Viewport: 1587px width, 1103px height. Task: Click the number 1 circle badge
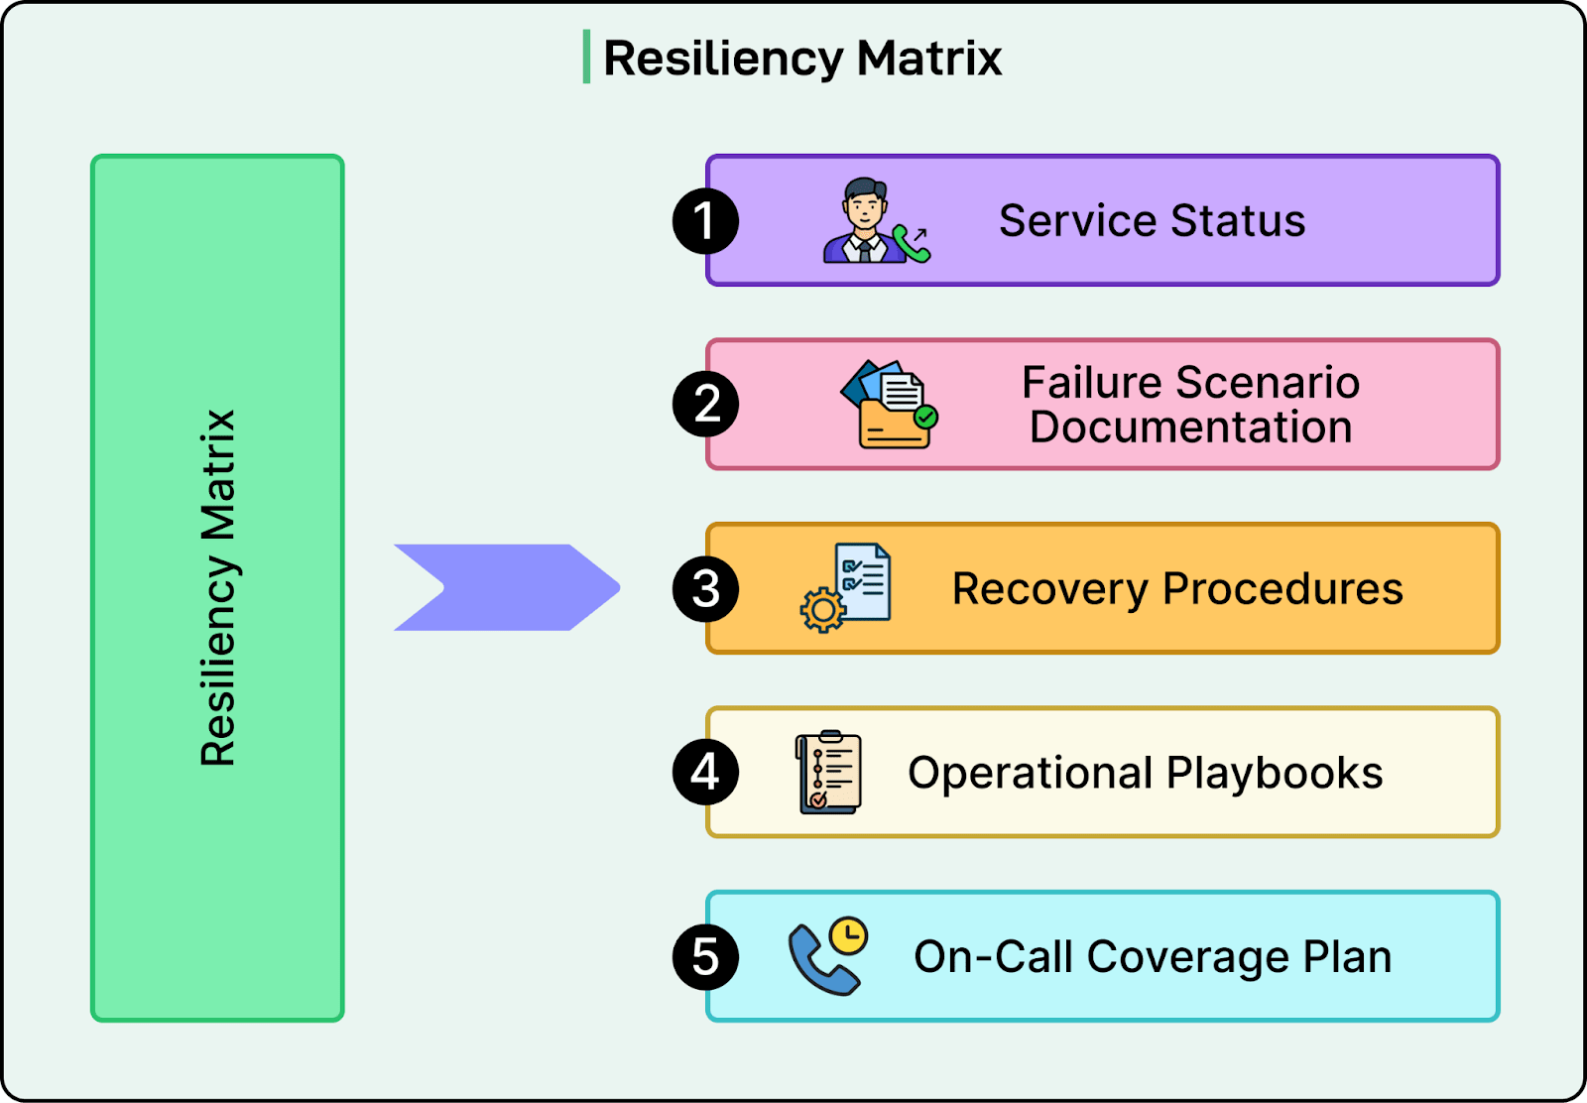pos(705,220)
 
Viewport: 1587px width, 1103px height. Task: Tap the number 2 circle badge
pos(705,404)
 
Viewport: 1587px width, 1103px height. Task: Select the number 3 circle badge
pos(705,588)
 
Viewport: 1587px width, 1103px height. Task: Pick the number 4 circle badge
pos(705,772)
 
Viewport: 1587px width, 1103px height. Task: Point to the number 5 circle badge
pos(705,956)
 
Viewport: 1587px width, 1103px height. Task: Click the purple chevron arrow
pos(506,587)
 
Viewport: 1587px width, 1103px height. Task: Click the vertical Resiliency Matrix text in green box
pos(218,587)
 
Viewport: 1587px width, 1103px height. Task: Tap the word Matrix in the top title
pos(929,58)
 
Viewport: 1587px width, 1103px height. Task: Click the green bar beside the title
pos(586,57)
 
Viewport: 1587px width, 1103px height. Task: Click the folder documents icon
pos(889,405)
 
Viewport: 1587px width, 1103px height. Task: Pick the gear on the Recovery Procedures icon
pos(822,610)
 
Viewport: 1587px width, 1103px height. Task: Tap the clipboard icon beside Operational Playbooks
pos(829,772)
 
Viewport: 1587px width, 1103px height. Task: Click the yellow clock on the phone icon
pos(849,934)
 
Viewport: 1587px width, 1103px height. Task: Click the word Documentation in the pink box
pos(1190,428)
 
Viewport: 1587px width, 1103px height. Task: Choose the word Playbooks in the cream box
pos(1274,773)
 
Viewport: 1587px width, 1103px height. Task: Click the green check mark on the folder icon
pos(925,418)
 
